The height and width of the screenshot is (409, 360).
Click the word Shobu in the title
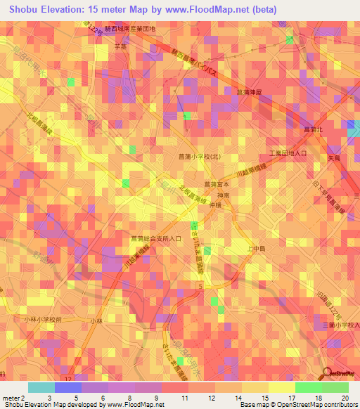[x=26, y=10]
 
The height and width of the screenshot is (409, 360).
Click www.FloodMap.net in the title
[x=217, y=10]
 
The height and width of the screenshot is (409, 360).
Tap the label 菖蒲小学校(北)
[x=198, y=158]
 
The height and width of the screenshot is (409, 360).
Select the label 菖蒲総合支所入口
[x=156, y=239]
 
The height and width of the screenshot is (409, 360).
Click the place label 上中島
[x=259, y=248]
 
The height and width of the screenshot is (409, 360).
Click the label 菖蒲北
[x=312, y=129]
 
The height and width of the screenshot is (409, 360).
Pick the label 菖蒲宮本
[x=216, y=184]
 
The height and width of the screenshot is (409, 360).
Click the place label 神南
[x=223, y=195]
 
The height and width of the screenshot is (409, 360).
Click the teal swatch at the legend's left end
[x=41, y=387]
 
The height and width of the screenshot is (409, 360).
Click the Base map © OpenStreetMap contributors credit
[x=298, y=405]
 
